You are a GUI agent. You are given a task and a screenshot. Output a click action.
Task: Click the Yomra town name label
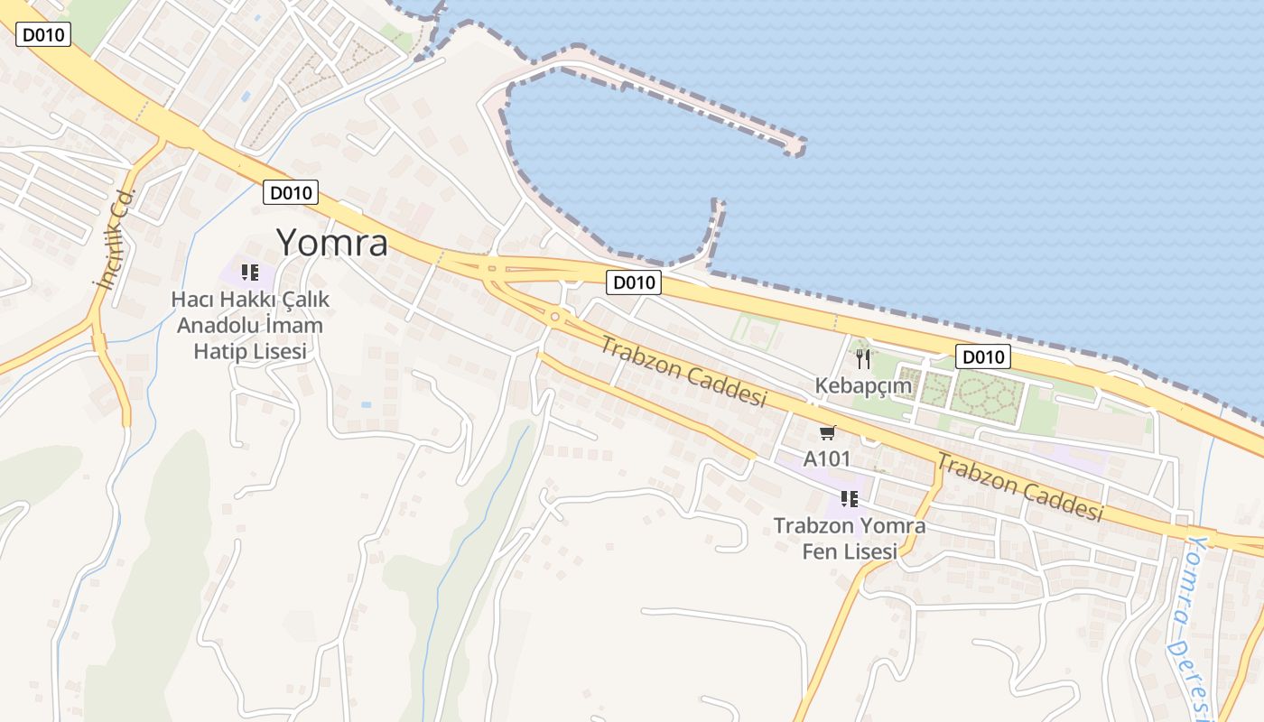pos(331,243)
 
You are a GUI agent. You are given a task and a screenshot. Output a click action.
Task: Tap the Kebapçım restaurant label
pos(863,386)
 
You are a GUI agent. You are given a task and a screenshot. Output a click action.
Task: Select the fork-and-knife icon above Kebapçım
pos(863,359)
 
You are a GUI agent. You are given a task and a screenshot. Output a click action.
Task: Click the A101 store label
pos(827,458)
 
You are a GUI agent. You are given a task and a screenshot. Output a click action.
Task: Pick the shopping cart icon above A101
pos(827,433)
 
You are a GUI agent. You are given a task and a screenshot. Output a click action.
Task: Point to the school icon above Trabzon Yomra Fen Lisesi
pos(849,498)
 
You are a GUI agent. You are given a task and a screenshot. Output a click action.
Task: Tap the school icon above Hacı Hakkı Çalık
pos(250,272)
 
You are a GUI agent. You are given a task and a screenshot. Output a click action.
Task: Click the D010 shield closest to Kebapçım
pos(982,356)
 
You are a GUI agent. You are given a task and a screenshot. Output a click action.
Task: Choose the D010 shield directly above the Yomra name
pos(290,191)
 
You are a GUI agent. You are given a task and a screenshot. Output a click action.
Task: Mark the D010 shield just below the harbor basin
pos(633,282)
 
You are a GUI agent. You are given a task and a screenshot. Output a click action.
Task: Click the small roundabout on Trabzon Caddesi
pos(553,317)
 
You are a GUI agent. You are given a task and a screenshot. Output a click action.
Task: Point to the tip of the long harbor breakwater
pos(796,146)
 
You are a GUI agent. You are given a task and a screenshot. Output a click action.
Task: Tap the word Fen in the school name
pos(821,551)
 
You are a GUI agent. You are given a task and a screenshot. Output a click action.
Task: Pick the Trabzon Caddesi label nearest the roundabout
pos(683,371)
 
